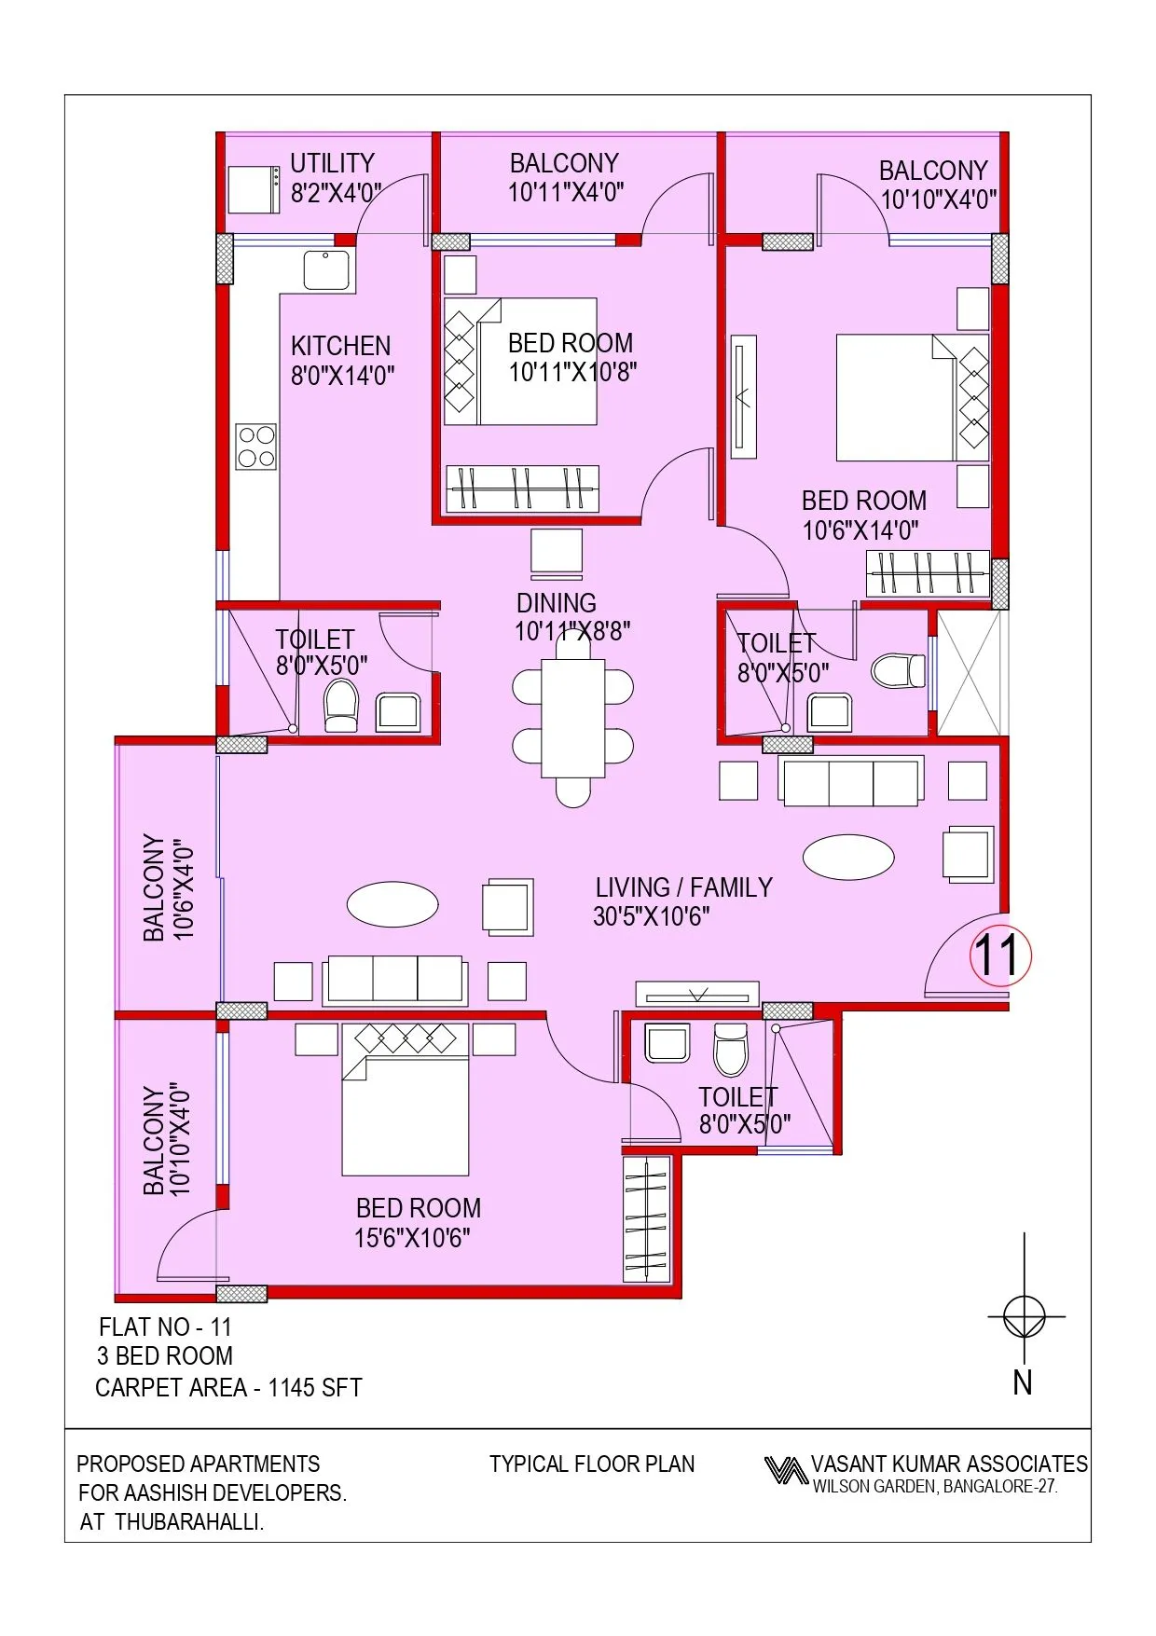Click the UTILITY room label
pyautogui.click(x=332, y=163)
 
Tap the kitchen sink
pyautogui.click(x=326, y=269)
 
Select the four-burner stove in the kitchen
pyautogui.click(x=255, y=447)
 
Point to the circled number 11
pyautogui.click(x=1000, y=955)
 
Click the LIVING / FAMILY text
pyautogui.click(x=684, y=887)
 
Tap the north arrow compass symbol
pyautogui.click(x=1025, y=1317)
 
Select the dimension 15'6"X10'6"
pyautogui.click(x=412, y=1238)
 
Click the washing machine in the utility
pyautogui.click(x=254, y=189)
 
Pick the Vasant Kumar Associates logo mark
pyautogui.click(x=785, y=1470)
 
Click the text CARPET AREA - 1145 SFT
pyautogui.click(x=228, y=1388)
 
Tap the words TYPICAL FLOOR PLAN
pyautogui.click(x=592, y=1464)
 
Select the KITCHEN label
pyautogui.click(x=340, y=346)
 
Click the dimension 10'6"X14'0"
pyautogui.click(x=860, y=530)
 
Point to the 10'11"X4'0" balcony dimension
pyautogui.click(x=565, y=192)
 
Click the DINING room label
pyautogui.click(x=557, y=603)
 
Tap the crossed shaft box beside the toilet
pyautogui.click(x=969, y=672)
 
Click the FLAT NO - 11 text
pyautogui.click(x=165, y=1327)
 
